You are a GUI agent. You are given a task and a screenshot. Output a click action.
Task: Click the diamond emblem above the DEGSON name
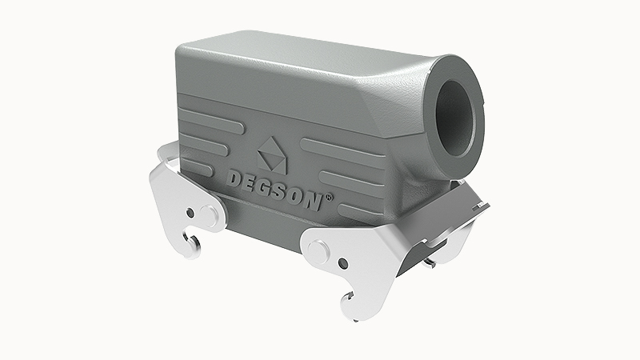(270, 150)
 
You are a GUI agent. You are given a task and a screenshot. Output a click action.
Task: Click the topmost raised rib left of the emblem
(208, 114)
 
